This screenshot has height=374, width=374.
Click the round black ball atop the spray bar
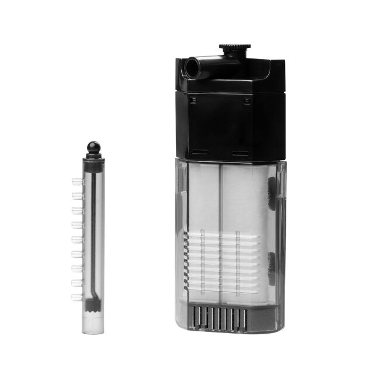93,146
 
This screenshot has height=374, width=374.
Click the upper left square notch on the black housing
191,101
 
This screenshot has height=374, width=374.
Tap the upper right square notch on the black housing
247,101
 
